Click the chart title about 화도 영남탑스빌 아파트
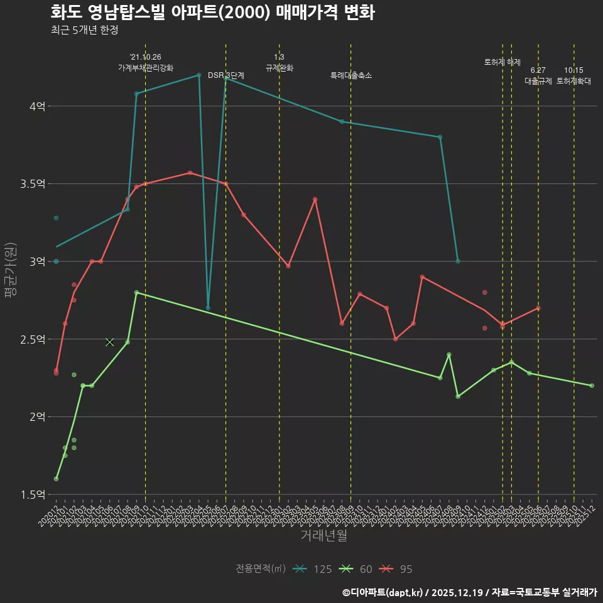click(212, 13)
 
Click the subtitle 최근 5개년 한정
click(84, 30)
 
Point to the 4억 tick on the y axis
click(36, 106)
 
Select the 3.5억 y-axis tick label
click(33, 184)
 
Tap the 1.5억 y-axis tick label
click(33, 494)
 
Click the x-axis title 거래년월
click(323, 535)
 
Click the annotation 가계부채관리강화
click(146, 68)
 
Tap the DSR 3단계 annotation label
click(225, 75)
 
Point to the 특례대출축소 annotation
click(351, 75)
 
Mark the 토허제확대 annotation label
click(573, 81)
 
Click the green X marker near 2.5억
click(109, 342)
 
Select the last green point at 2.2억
click(592, 386)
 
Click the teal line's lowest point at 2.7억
click(208, 308)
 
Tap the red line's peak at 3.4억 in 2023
click(315, 199)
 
